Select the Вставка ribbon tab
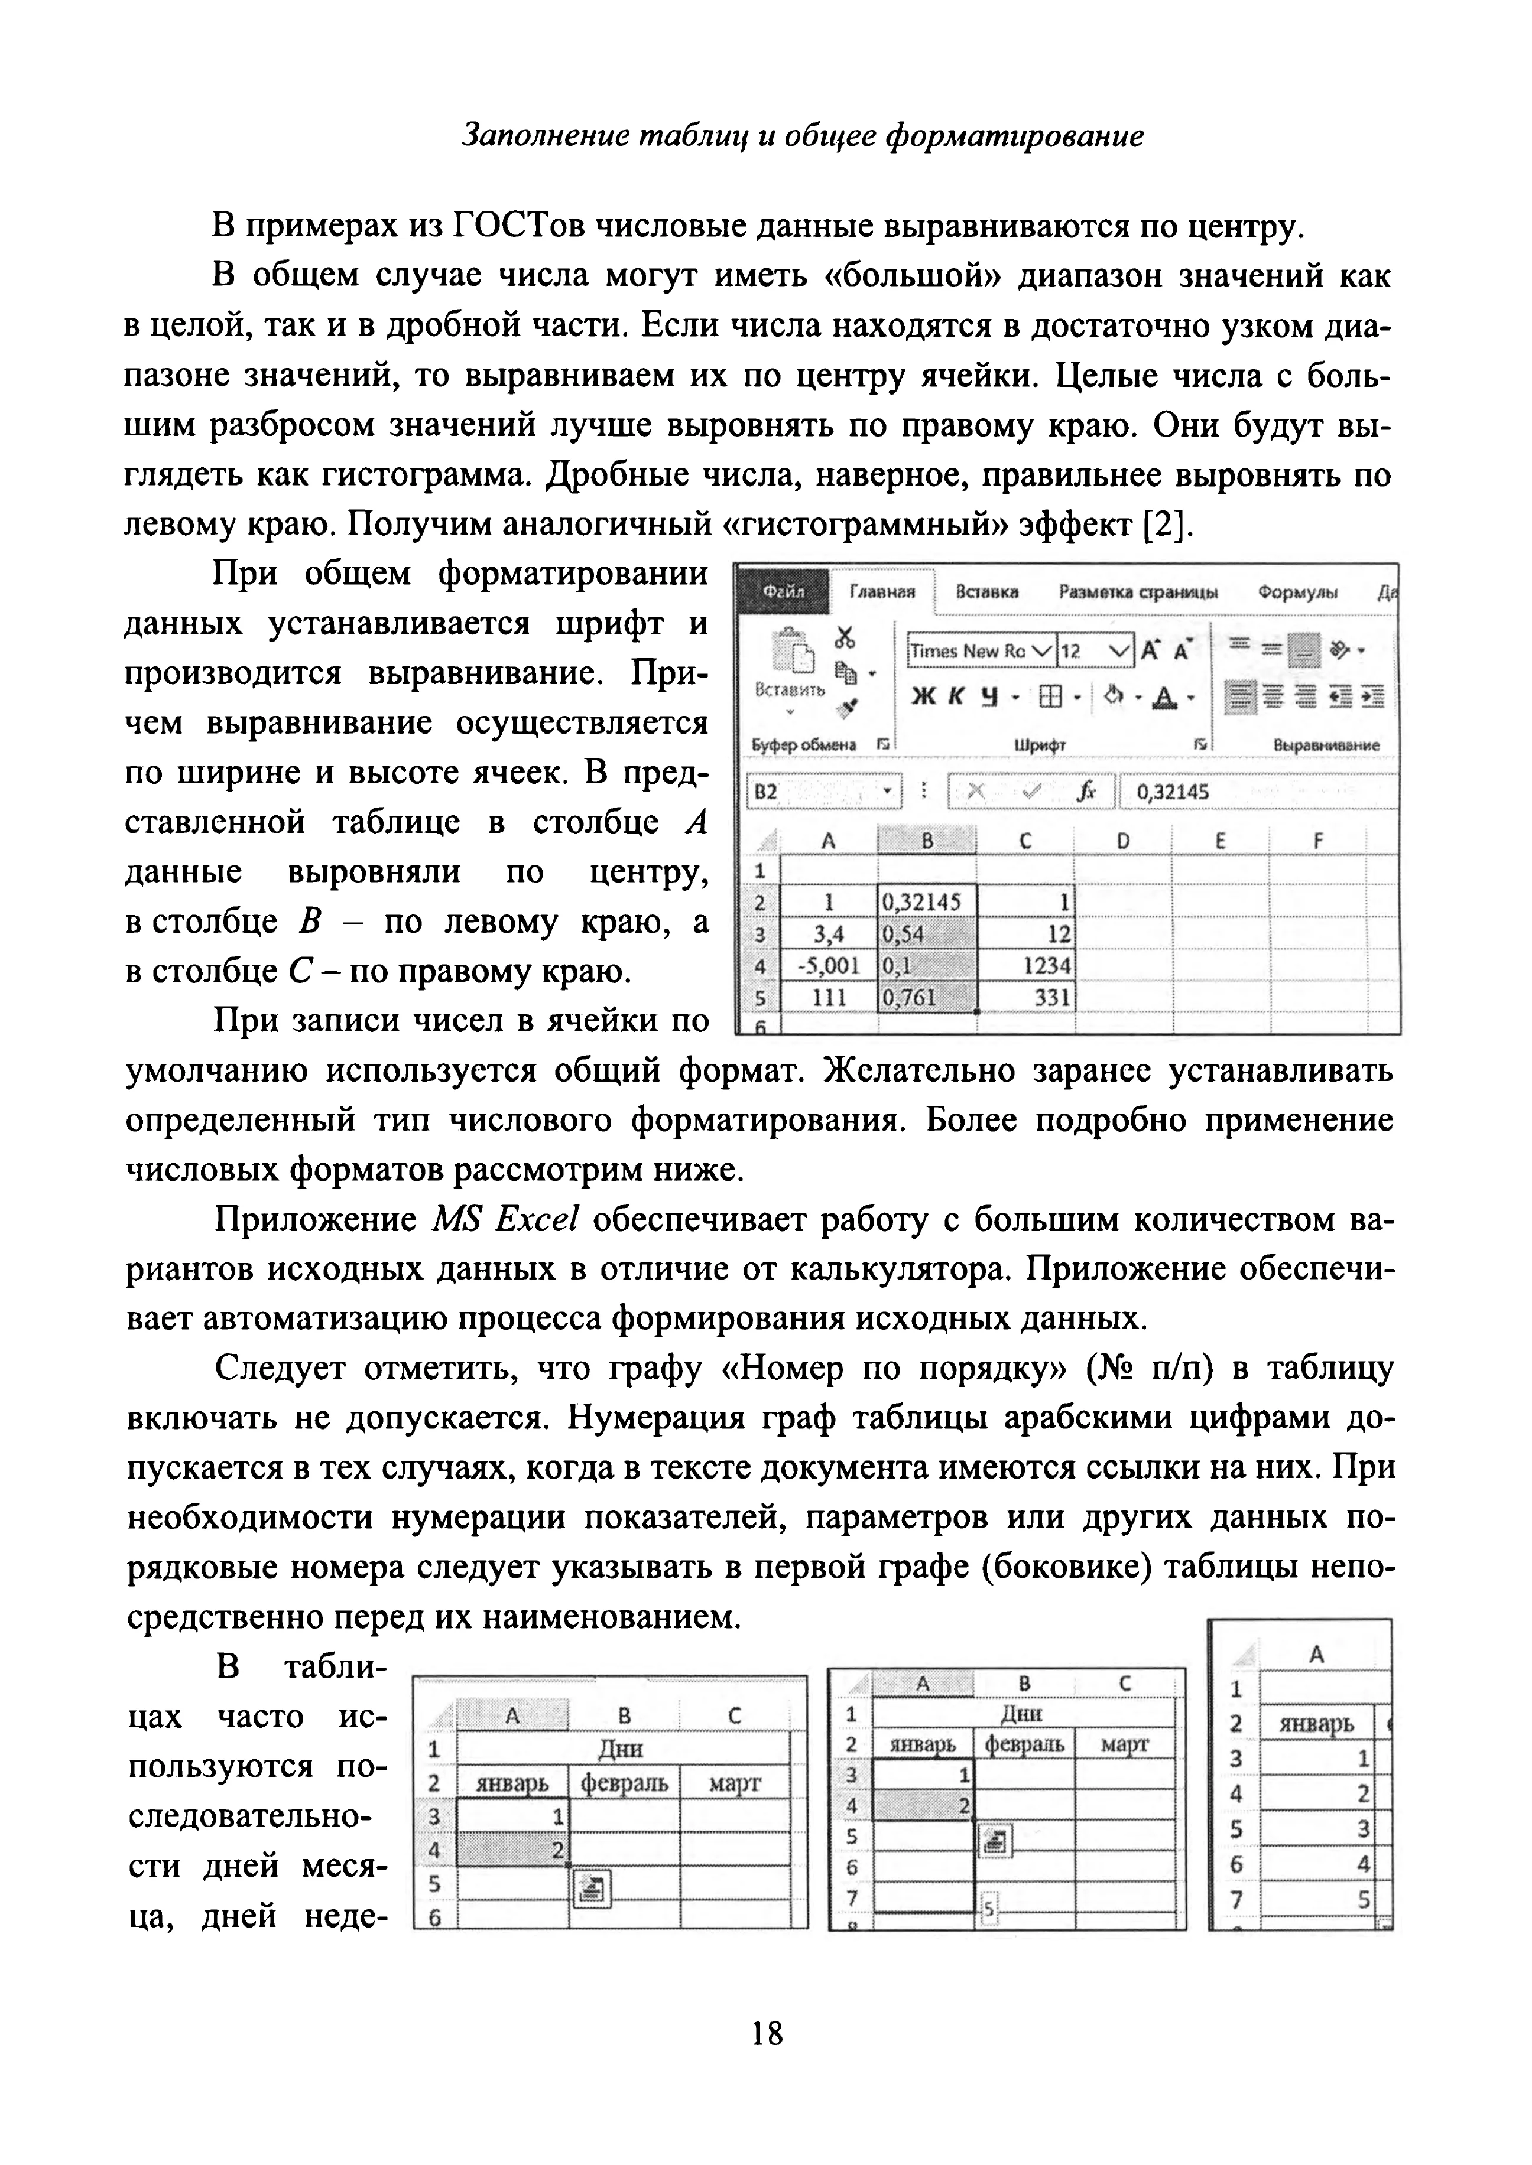986,591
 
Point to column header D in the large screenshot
1122,840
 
